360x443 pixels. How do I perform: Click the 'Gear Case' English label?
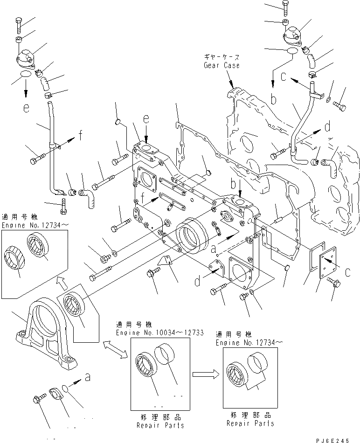222,65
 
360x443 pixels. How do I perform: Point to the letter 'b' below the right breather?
274,98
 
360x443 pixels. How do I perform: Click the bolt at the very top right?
286,7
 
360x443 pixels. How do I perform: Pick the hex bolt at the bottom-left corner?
37,400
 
